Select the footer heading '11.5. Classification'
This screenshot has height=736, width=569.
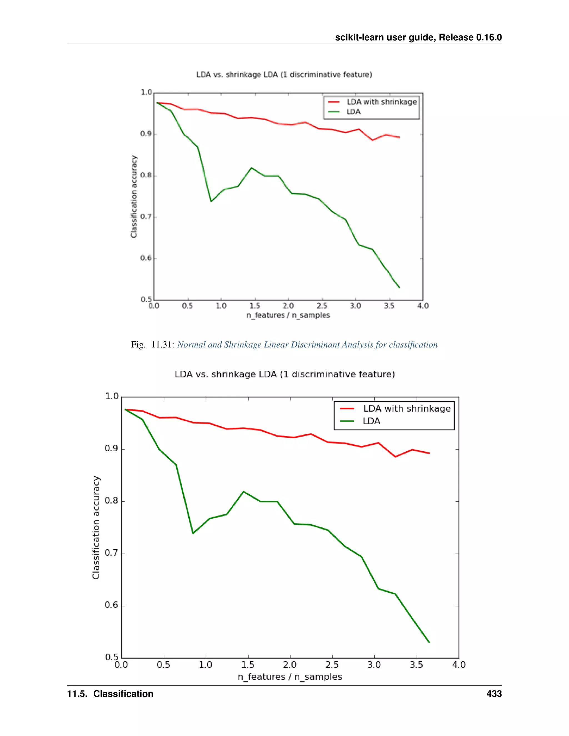coord(110,694)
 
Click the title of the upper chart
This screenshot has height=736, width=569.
coord(284,75)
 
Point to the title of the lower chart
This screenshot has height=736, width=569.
coord(284,374)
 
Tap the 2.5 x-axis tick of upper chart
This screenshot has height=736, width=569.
coord(322,306)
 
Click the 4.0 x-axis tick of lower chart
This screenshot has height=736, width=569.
coord(458,665)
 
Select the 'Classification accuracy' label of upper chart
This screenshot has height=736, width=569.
coord(134,196)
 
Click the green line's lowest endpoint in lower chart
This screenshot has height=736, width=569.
coord(429,642)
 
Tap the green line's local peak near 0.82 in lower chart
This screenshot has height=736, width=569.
coord(243,492)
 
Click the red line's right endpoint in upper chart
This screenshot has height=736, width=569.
coord(400,137)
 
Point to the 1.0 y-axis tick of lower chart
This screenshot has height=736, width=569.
coord(112,396)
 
